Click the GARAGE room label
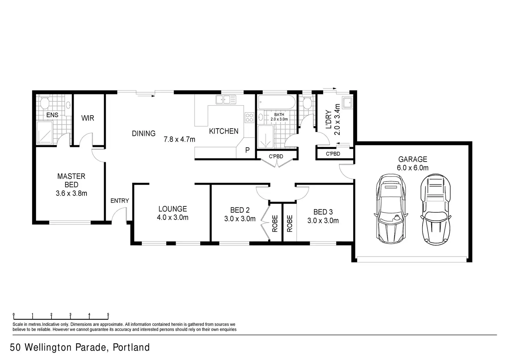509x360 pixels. tap(413, 159)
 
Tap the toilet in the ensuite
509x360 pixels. tap(44, 103)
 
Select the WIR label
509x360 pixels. tap(88, 118)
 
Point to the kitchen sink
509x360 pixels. tap(226, 100)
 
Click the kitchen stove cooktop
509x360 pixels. tap(249, 118)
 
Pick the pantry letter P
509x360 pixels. tap(248, 150)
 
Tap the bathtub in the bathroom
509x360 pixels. tap(277, 102)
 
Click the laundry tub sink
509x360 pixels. tap(348, 102)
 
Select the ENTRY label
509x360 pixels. tap(120, 201)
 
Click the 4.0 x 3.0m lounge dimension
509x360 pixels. tap(173, 218)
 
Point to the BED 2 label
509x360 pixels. tap(240, 210)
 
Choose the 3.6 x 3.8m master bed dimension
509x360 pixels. tap(71, 193)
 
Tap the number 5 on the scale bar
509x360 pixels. tap(108, 315)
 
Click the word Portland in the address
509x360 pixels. tap(131, 348)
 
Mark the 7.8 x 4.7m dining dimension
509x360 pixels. tap(179, 139)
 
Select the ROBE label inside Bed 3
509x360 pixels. tap(290, 224)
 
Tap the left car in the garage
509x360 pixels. tap(391, 209)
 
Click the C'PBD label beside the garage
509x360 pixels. tap(333, 154)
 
